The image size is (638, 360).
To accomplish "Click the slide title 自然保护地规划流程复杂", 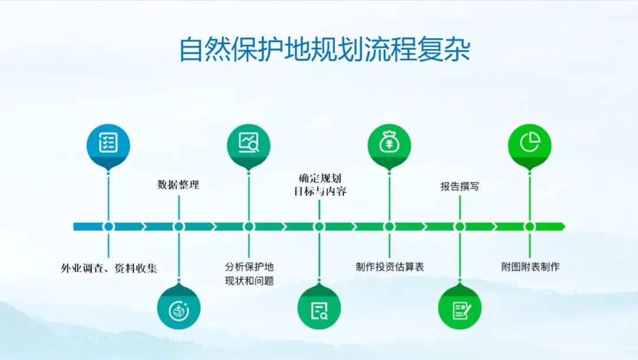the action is click(324, 50).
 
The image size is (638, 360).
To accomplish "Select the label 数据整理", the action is click(178, 184).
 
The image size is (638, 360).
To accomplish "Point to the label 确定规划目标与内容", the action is click(320, 184).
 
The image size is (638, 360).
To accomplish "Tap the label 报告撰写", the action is click(460, 187).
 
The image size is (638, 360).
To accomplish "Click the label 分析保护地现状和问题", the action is click(249, 273).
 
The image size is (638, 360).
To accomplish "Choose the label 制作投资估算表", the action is click(390, 267).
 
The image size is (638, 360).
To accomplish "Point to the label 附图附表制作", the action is click(530, 267).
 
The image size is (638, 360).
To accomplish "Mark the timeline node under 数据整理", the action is click(179, 226).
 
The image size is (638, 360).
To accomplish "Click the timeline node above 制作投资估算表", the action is click(389, 226).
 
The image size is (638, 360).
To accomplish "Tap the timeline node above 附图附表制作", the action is click(529, 226).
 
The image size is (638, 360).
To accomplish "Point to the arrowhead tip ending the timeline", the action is click(564, 226).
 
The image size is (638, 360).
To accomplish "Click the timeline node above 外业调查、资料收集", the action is click(108, 226).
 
